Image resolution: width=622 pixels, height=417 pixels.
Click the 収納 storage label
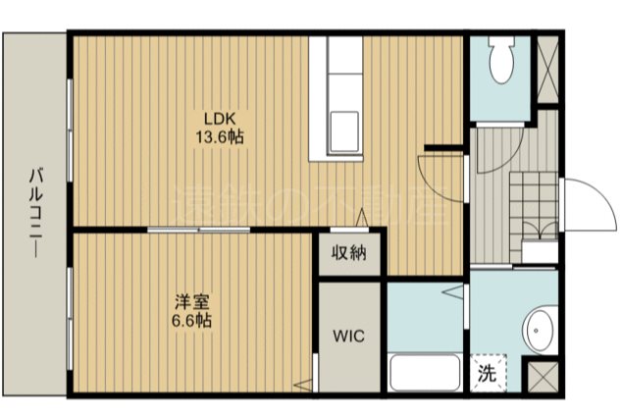pyautogui.click(x=348, y=254)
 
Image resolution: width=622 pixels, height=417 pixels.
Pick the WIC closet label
pyautogui.click(x=348, y=336)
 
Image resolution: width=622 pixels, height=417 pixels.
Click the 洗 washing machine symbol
pyautogui.click(x=487, y=372)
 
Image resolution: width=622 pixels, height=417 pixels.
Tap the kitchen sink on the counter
pyautogui.click(x=343, y=129)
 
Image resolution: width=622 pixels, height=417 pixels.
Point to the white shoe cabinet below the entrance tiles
pyautogui.click(x=540, y=251)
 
